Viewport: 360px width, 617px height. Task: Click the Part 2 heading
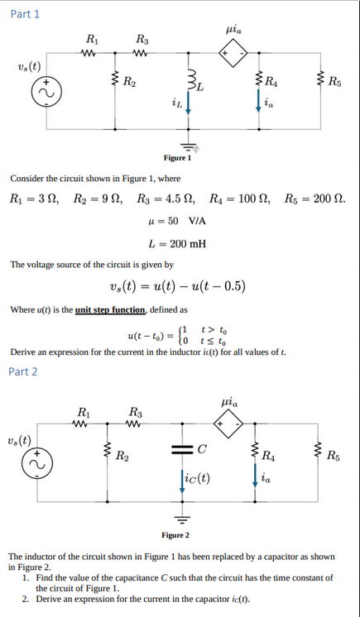[23, 371]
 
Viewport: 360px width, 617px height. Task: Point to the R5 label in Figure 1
[335, 82]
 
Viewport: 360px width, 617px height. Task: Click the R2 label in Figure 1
[130, 82]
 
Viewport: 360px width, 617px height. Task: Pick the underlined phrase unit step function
[109, 309]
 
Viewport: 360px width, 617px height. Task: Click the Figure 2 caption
[175, 535]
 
